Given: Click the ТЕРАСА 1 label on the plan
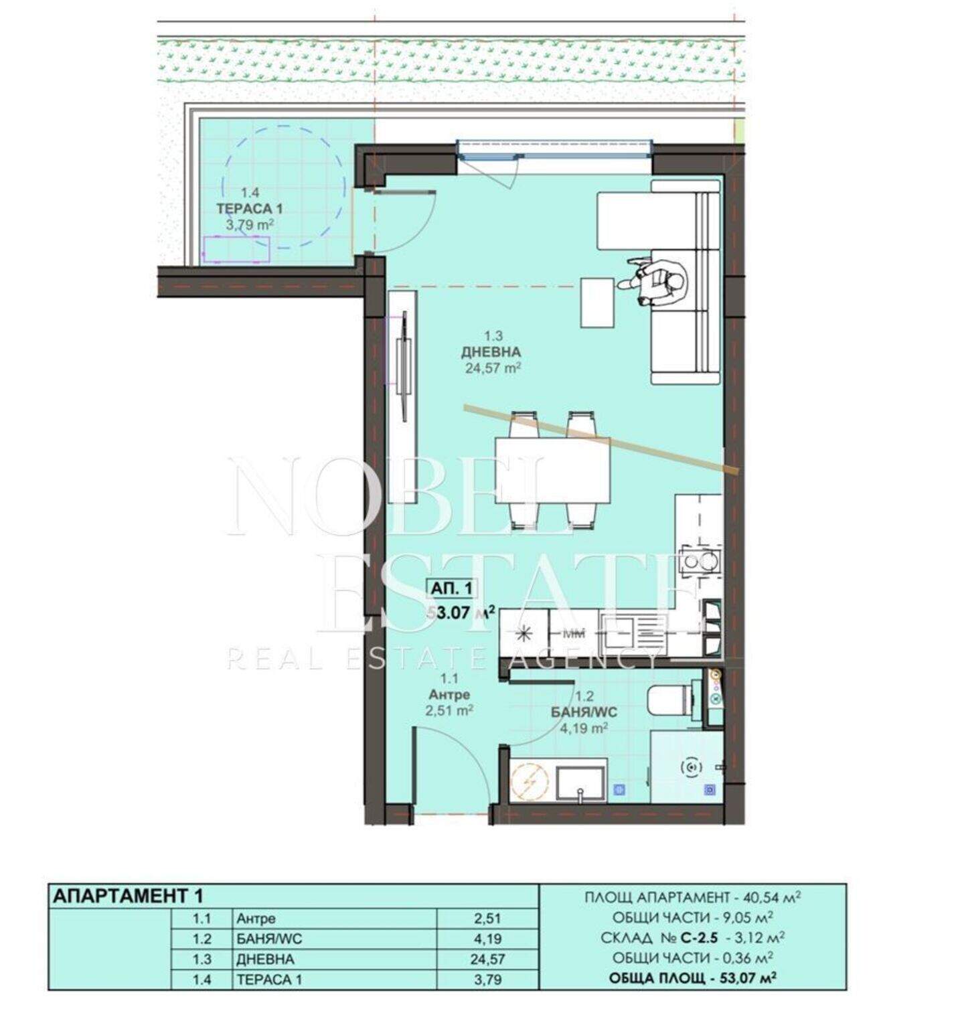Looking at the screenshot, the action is (248, 209).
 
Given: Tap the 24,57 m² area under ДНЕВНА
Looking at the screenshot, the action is (493, 367).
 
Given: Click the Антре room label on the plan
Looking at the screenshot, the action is (449, 695).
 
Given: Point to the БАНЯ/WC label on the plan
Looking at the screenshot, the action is (584, 712).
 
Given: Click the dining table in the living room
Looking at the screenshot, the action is (552, 470).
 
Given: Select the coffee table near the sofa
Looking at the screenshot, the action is (598, 302).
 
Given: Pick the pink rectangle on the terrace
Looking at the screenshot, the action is (236, 249).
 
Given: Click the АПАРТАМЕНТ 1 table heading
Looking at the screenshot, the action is (127, 895).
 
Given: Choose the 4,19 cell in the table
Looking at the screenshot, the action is (487, 939).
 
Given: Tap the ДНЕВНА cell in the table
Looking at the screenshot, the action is (265, 959).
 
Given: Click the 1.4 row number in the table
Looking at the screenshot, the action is (202, 979).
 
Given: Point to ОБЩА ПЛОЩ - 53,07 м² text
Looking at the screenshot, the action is (692, 978).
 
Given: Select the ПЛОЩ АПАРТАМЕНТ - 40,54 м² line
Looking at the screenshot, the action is (693, 897).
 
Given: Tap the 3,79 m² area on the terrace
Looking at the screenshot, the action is (249, 224).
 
